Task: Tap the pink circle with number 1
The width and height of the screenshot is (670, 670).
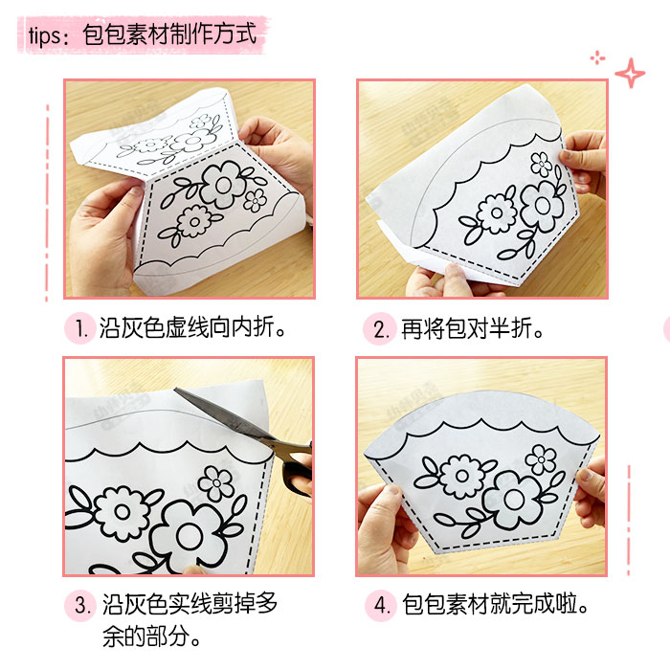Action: [x=80, y=329]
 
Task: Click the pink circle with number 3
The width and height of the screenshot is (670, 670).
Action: [x=80, y=606]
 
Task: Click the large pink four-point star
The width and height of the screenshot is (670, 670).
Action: [x=630, y=73]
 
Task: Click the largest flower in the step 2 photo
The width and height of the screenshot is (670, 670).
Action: [x=541, y=203]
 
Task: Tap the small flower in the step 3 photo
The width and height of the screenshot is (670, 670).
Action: [x=216, y=482]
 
